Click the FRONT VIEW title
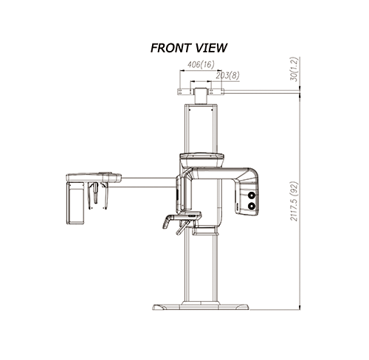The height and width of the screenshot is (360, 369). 189,48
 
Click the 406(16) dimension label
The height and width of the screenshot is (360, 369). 201,64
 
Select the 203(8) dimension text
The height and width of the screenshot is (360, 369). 227,76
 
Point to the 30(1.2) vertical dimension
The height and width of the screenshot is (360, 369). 294,69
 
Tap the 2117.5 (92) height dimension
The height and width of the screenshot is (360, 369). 294,201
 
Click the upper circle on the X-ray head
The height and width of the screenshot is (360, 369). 252,195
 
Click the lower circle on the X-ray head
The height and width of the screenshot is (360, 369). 252,206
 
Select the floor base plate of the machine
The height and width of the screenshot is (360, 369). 201,307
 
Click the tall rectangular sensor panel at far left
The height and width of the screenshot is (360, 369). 75,203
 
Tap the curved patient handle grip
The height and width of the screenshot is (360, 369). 167,222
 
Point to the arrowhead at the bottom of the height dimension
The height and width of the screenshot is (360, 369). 300,308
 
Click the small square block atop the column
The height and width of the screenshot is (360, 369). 201,96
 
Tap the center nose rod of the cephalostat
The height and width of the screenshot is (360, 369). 95,193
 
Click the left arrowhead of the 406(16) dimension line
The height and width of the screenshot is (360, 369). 182,71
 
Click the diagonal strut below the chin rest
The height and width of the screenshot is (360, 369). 182,227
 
